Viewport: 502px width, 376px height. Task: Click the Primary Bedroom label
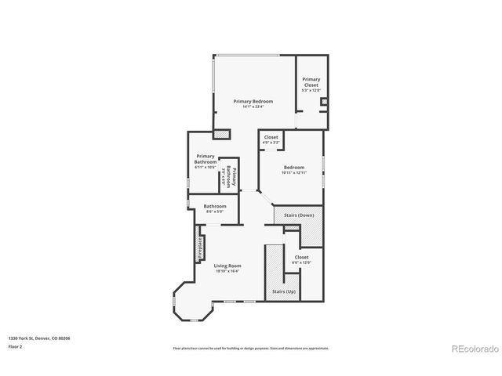coord(253,101)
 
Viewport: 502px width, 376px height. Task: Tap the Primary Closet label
coord(311,81)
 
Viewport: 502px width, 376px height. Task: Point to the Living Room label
coord(227,266)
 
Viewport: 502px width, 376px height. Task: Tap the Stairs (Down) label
coord(299,215)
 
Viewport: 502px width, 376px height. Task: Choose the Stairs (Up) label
coord(284,291)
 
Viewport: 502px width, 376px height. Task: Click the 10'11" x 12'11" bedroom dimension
coord(293,172)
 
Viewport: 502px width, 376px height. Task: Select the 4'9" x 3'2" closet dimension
coord(271,143)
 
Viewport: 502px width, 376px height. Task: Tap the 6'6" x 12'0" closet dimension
coord(302,262)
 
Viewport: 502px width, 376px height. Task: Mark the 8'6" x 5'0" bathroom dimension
coord(215,211)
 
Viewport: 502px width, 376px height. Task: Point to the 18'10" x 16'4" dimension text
coord(227,271)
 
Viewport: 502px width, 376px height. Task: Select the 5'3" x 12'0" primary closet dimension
coord(311,91)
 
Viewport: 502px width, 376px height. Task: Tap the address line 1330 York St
coord(39,338)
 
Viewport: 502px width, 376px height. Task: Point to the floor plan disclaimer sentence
coord(251,348)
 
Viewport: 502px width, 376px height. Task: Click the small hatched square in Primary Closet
coord(324,102)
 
